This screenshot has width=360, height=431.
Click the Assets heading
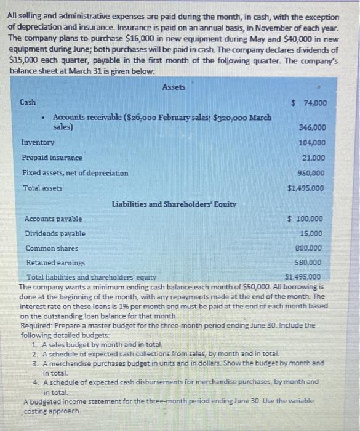174,87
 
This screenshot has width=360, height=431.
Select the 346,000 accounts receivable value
312,127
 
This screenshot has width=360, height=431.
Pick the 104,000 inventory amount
312,142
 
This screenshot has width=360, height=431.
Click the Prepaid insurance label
52,158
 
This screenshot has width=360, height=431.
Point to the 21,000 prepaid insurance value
314,158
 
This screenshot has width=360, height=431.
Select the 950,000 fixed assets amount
312,173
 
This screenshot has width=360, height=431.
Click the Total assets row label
42,187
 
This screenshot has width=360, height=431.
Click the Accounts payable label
53,219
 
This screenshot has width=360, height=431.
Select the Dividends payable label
55,233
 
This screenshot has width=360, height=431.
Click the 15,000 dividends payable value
311,233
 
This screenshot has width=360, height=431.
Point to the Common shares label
52,248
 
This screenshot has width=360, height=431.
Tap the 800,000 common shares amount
308,248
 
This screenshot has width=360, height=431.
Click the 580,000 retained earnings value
308,263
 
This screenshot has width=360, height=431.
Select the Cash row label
28,102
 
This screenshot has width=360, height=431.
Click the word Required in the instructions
36,324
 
